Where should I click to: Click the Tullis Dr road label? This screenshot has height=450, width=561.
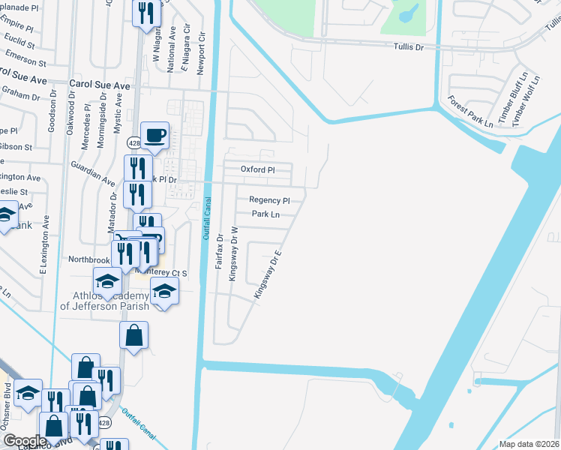(x=409, y=47)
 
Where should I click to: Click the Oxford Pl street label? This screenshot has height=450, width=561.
(x=258, y=169)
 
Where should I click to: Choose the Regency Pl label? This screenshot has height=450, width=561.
(x=269, y=200)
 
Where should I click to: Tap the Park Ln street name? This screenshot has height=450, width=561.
(x=265, y=214)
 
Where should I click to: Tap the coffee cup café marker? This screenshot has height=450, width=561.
(x=155, y=136)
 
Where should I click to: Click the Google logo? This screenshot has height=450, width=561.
(x=25, y=441)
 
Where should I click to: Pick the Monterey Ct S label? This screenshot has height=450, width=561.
(x=160, y=273)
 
